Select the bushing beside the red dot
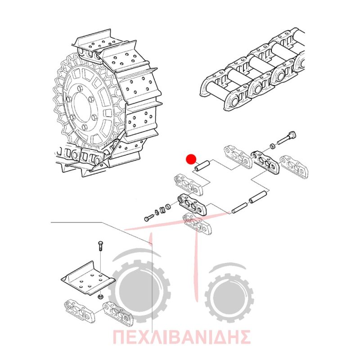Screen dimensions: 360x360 (202, 166)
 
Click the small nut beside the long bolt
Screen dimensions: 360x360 (272, 146)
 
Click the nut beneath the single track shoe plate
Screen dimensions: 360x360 (100, 297)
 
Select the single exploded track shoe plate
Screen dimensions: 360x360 (88, 279)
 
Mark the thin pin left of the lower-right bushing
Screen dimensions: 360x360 (239, 208)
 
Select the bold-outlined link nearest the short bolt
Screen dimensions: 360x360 (192, 205)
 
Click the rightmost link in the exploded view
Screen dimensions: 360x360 (294, 166)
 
